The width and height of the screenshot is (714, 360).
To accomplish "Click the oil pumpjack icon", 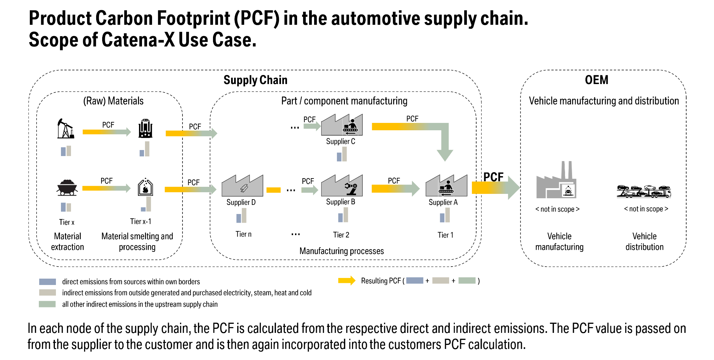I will pos(65,129).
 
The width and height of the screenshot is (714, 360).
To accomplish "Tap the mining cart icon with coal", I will pos(67,188).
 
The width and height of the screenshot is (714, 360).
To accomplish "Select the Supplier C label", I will pos(341,142).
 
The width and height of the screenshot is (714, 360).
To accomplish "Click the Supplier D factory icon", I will pos(242,186).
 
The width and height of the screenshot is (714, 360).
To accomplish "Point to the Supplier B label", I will pos(341,202).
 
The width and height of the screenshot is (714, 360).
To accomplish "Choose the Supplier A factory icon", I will pos(446,186).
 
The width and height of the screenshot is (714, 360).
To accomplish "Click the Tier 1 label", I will pos(445,235).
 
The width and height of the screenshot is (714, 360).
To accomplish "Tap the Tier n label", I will pos(243,234).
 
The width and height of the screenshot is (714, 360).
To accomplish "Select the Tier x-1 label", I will pos(141,221).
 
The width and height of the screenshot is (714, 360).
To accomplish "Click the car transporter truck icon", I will pos(644,191).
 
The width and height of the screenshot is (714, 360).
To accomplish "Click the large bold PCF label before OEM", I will pos(493,177).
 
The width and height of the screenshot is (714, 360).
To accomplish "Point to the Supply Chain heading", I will pos(256,80).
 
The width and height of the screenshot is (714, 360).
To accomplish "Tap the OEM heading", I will pos(596,80).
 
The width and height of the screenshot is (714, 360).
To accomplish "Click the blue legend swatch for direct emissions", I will pos(48,282).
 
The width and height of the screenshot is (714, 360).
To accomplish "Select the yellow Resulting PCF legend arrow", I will pos(347,281).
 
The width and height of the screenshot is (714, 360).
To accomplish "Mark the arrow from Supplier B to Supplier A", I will pos(395,189).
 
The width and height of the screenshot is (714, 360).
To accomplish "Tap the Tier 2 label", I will pos(341,235).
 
